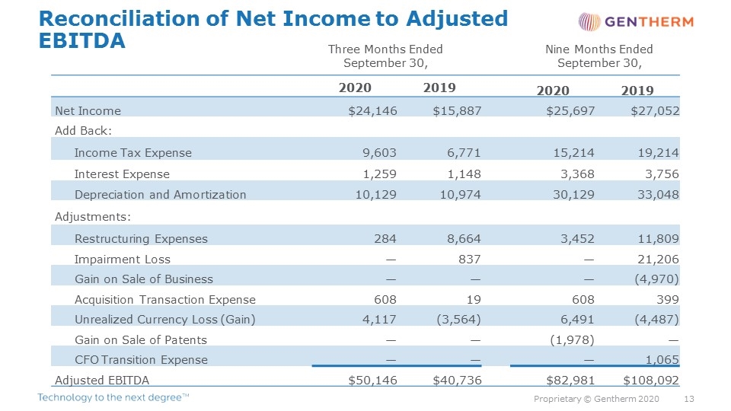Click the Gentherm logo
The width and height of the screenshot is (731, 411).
636,22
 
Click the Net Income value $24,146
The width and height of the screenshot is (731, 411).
372,111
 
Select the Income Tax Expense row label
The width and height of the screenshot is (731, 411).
132,153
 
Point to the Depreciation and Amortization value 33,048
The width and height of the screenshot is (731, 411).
658,195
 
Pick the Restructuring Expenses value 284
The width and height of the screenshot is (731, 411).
385,238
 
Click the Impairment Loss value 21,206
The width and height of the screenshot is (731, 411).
658,259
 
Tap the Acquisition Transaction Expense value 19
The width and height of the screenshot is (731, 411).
474,300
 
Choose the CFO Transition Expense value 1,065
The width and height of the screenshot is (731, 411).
662,360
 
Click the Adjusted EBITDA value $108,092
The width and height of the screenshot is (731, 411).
651,381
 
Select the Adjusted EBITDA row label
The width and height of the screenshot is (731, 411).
102,381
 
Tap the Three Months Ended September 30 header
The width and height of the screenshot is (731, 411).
385,56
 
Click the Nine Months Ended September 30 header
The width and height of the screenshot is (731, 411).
599,56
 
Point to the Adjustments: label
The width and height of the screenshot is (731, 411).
93,217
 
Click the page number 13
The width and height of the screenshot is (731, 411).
688,399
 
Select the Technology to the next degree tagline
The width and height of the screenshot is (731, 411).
113,397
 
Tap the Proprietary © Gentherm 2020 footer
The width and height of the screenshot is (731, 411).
596,399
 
